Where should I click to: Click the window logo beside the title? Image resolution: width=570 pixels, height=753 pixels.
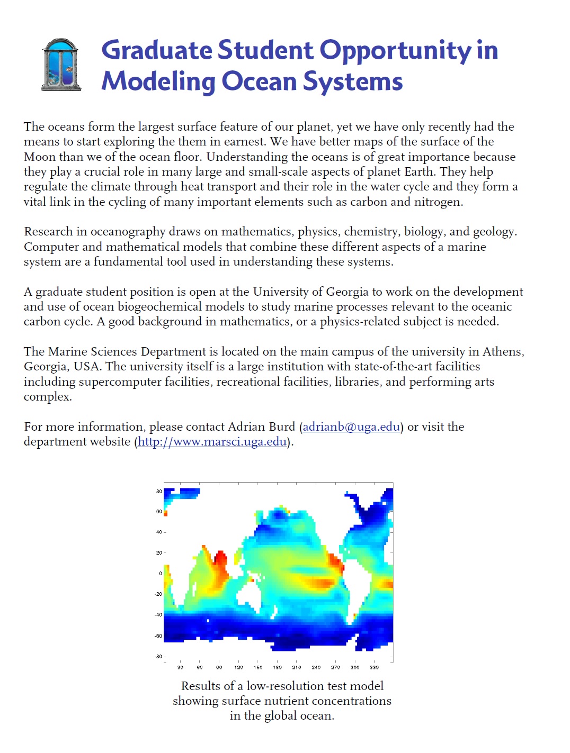click(61, 65)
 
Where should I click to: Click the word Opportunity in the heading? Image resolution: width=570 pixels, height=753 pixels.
click(395, 50)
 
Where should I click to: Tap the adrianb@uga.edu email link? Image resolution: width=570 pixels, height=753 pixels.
click(351, 427)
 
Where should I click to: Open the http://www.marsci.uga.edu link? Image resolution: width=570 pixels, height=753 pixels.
click(212, 441)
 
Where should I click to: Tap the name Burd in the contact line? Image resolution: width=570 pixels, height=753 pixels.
click(282, 427)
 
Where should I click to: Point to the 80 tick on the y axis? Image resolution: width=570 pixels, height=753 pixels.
click(159, 491)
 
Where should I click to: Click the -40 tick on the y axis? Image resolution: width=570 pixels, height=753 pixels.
click(158, 614)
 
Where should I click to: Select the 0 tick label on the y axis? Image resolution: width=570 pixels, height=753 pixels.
click(161, 573)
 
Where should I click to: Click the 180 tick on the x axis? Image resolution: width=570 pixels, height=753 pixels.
click(277, 667)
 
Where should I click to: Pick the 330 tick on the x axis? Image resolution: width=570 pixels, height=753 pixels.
click(374, 667)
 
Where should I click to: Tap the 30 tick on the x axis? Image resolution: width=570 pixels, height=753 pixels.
click(180, 667)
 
